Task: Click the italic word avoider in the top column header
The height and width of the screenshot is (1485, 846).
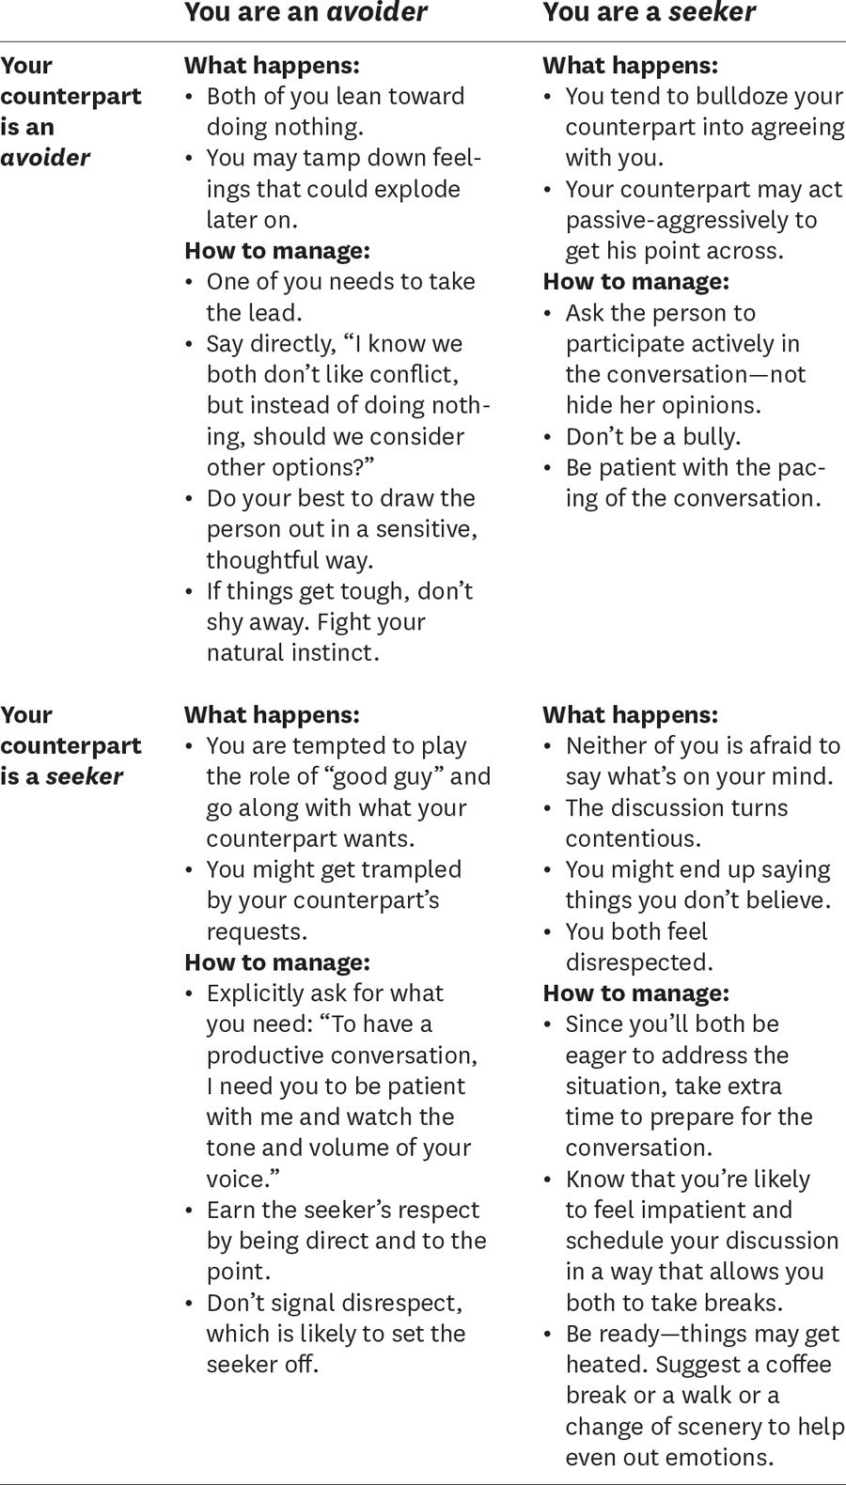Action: (x=388, y=12)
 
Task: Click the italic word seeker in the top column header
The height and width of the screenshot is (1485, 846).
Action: (x=713, y=12)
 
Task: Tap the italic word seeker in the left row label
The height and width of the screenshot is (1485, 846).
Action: (x=85, y=776)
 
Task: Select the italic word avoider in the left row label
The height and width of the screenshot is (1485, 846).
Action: (x=45, y=158)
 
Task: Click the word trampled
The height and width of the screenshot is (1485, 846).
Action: (x=415, y=869)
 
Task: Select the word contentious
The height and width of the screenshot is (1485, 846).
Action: (x=633, y=838)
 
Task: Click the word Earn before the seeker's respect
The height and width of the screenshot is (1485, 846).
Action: (x=229, y=1210)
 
